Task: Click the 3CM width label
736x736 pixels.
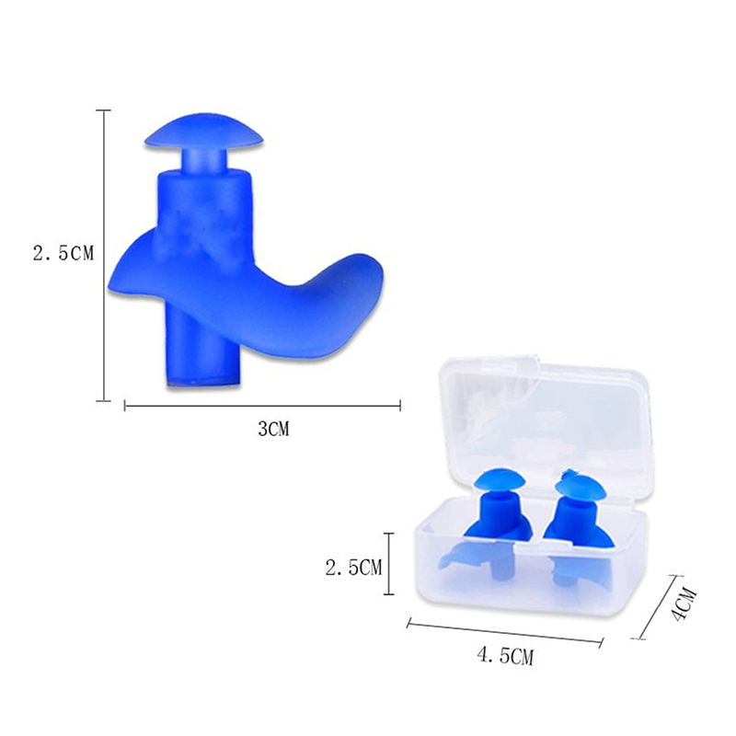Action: pos(273,428)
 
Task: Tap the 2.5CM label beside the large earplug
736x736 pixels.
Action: pos(63,254)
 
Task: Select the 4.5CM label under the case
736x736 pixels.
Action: pos(505,656)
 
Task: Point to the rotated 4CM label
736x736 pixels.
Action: pos(682,604)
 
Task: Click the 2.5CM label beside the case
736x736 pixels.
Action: pos(354,568)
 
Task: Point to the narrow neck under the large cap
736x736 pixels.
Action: pos(204,159)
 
